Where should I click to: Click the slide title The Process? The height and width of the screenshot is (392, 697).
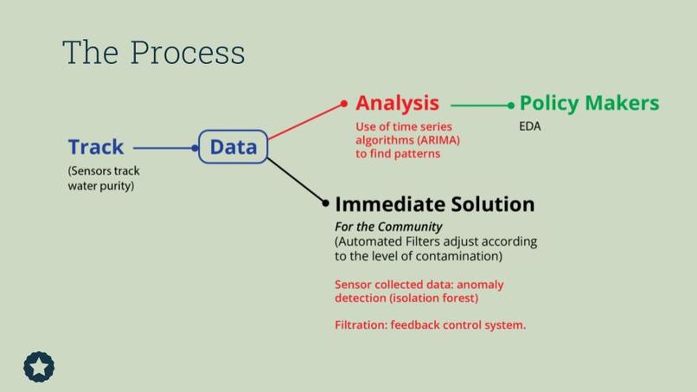tap(153, 53)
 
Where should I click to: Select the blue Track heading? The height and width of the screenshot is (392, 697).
tap(96, 147)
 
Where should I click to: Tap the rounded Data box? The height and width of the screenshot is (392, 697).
tap(233, 147)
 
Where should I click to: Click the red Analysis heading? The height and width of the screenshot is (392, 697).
tap(397, 103)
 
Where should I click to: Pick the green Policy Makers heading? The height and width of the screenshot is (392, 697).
tap(589, 103)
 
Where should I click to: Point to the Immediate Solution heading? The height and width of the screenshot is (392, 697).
tap(434, 204)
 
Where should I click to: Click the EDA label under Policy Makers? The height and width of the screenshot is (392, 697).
tap(529, 126)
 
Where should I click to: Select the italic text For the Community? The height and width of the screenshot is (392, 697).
tap(388, 227)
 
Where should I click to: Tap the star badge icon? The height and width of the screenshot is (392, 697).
tap(39, 367)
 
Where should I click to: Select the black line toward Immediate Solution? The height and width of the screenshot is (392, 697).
tap(296, 180)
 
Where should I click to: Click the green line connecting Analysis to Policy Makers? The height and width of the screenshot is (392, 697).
tap(480, 106)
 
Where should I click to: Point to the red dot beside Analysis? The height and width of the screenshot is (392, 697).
tap(344, 104)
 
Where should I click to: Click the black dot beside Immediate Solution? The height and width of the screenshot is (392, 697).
tap(326, 203)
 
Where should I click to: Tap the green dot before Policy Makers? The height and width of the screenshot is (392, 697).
tap(511, 106)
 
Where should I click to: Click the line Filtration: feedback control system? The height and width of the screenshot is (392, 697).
tap(430, 325)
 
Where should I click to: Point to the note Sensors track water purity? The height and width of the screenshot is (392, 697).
tap(104, 178)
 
